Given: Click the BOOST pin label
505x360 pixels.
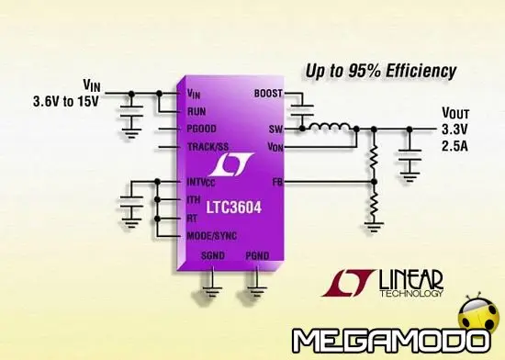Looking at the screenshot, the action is coord(267,94).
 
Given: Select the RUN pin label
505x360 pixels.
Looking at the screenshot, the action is coord(196,111).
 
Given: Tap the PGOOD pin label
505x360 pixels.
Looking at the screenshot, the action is coord(202,129).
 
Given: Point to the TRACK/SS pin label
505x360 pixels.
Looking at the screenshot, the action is coord(208,147).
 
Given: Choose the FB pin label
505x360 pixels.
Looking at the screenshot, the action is coord(276,183).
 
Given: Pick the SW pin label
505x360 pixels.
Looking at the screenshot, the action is coord(274,129).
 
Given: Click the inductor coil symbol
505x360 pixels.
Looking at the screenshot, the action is coord(327,126).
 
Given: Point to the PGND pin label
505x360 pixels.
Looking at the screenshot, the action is coord(257,255).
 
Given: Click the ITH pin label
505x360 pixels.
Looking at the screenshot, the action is coord(194,200).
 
